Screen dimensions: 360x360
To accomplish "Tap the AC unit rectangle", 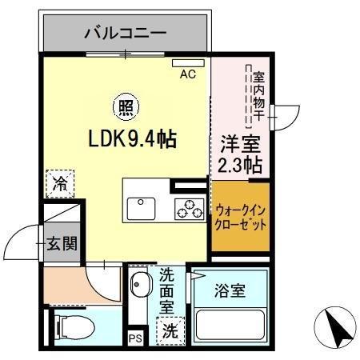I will click(x=188, y=63).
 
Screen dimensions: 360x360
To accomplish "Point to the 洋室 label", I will click(x=239, y=146).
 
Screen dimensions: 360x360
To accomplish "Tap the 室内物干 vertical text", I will click(x=258, y=98).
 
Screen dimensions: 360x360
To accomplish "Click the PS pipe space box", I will click(x=135, y=338).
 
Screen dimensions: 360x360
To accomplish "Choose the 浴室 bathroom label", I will click(x=230, y=291).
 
